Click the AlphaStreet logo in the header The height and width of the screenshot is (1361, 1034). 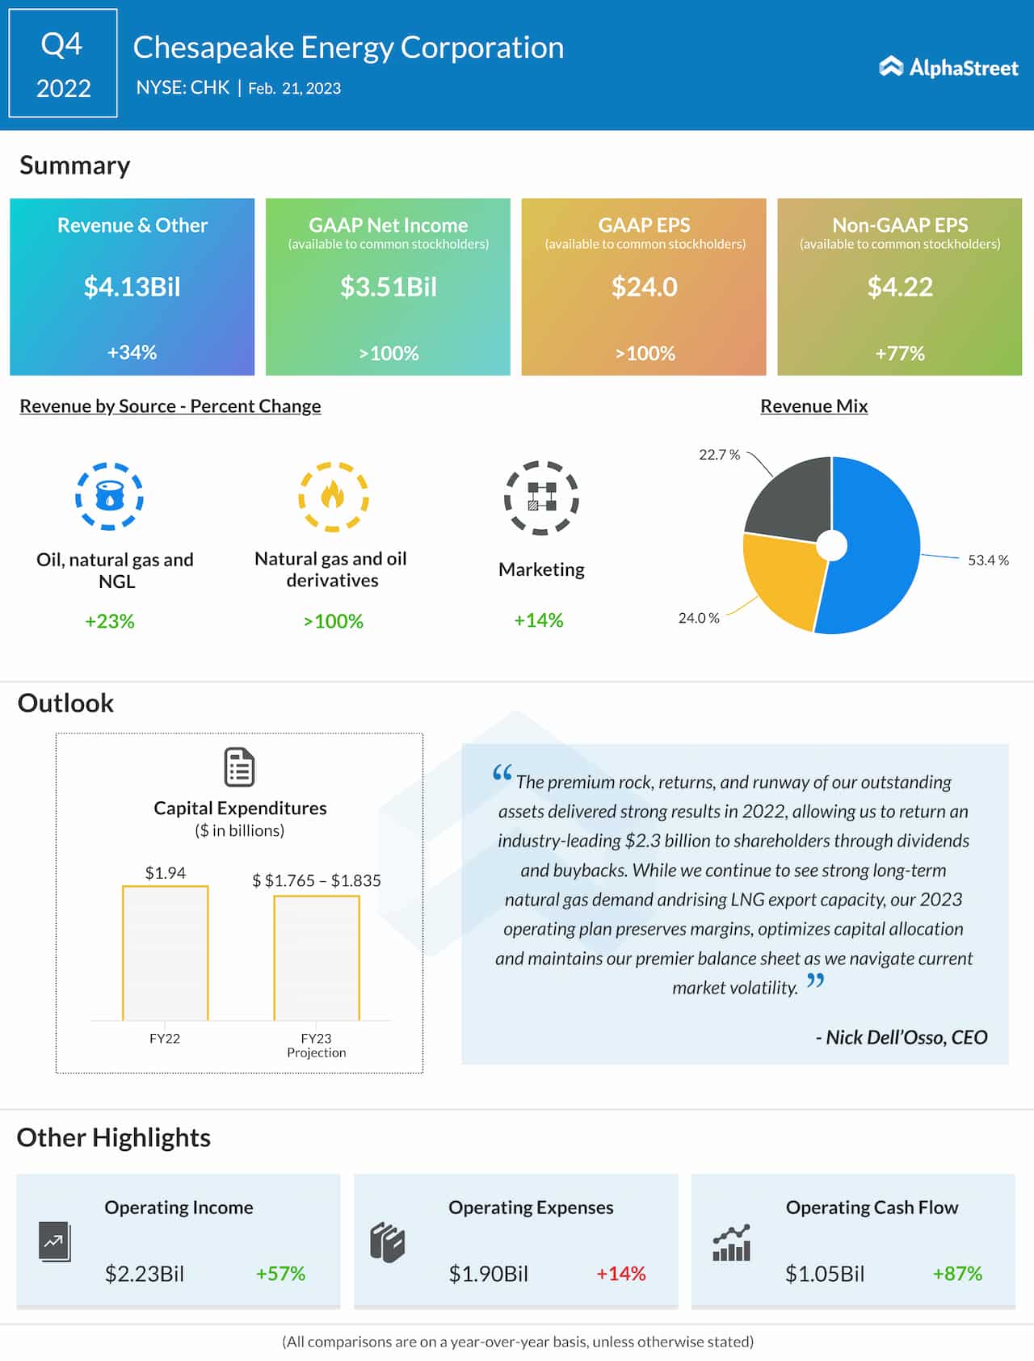[x=948, y=67]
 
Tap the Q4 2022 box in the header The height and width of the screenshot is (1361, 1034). [x=63, y=64]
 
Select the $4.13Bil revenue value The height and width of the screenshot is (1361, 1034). [x=132, y=287]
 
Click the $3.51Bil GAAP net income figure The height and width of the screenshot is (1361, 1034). [x=388, y=287]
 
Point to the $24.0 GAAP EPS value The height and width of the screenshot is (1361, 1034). [x=644, y=287]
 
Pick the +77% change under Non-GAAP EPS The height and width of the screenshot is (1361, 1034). [x=900, y=353]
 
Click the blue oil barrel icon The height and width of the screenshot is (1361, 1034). [x=109, y=496]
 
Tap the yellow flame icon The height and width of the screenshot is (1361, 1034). [x=333, y=496]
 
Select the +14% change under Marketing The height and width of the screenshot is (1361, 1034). [x=539, y=620]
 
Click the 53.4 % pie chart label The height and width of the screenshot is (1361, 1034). [x=988, y=560]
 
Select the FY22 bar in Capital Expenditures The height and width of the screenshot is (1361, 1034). [x=165, y=953]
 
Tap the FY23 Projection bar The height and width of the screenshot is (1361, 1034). [x=317, y=958]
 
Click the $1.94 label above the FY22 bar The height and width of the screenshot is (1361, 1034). [x=165, y=872]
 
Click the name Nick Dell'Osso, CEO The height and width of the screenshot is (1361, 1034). [x=902, y=1037]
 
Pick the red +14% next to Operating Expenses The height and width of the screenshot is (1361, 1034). [x=620, y=1274]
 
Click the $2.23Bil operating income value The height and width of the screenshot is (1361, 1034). [x=145, y=1274]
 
